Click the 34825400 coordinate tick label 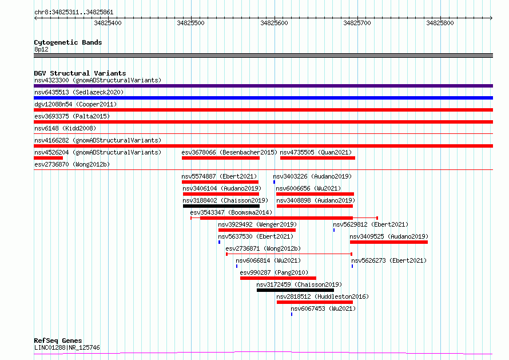pyautogui.click(x=108, y=23)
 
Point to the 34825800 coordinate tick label pyautogui.click(x=440, y=23)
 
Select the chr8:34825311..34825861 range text pyautogui.click(x=74, y=13)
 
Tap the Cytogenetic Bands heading pyautogui.click(x=68, y=42)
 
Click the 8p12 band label pyautogui.click(x=41, y=49)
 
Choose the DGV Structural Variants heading pyautogui.click(x=80, y=73)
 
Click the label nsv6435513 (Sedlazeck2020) pyautogui.click(x=79, y=92)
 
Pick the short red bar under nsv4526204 pyautogui.click(x=49, y=158)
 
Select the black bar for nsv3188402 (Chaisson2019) pyautogui.click(x=221, y=206)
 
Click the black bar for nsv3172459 pyautogui.click(x=296, y=290)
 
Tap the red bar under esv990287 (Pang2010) pyautogui.click(x=278, y=278)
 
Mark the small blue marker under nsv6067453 pyautogui.click(x=292, y=314)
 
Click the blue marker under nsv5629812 pyautogui.click(x=334, y=230)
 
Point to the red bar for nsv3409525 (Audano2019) pyautogui.click(x=389, y=242)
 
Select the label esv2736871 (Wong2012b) pyautogui.click(x=263, y=248)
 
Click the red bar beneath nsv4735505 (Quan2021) pyautogui.click(x=318, y=158)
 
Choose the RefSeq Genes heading pyautogui.click(x=58, y=341)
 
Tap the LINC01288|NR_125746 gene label pyautogui.click(x=67, y=347)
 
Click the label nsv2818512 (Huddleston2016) pyautogui.click(x=323, y=296)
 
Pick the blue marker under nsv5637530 pyautogui.click(x=220, y=242)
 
